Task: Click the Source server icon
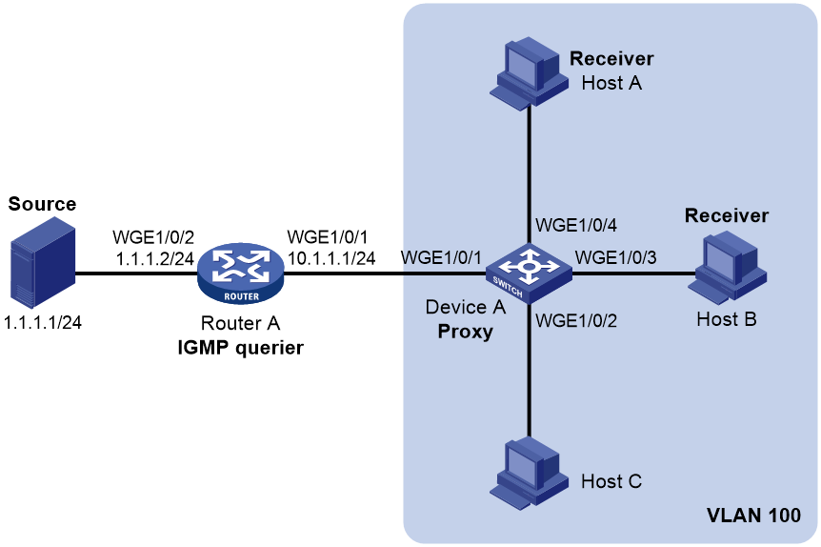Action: (43, 264)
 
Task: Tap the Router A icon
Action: (241, 273)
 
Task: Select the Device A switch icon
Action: (529, 273)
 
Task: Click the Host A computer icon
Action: (529, 72)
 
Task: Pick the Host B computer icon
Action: (728, 267)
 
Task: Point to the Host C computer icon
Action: (529, 473)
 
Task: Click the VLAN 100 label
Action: (753, 515)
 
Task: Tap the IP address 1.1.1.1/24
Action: (43, 323)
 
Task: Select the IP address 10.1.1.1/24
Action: (331, 258)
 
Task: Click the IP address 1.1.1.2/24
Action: (154, 258)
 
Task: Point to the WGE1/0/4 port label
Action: (576, 225)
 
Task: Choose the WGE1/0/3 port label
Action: (615, 258)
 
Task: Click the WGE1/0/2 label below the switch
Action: (576, 320)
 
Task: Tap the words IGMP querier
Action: (240, 348)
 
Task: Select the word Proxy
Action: (466, 332)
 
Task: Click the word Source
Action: (43, 204)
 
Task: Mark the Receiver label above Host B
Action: (727, 215)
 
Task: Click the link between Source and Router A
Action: (136, 273)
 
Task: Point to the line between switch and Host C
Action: (529, 370)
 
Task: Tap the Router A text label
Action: (240, 323)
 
